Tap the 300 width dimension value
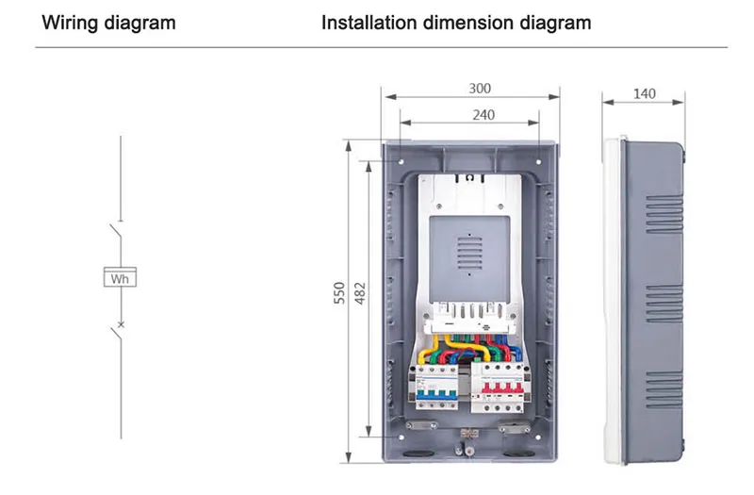[x=480, y=88]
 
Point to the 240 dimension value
[x=480, y=114]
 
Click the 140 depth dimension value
[x=645, y=93]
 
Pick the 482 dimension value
[x=360, y=294]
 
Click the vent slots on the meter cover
[x=471, y=252]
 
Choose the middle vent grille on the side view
[x=664, y=302]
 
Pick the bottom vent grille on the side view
[x=664, y=388]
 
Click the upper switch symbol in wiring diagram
[x=115, y=232]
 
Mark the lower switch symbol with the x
[x=117, y=329]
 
